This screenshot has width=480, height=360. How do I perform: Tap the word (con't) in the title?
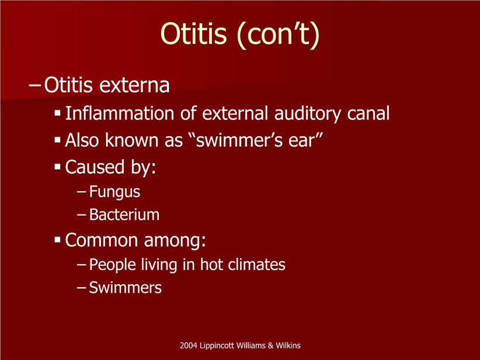point(279,34)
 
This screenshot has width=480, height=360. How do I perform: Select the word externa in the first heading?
point(134,85)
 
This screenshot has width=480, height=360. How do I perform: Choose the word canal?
point(368,113)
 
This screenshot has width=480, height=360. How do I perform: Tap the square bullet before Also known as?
point(58,140)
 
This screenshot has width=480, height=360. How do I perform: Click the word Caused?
point(95,167)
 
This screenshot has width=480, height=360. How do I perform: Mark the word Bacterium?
point(124,214)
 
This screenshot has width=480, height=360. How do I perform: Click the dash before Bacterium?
point(82,215)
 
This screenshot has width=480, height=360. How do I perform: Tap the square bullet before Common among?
point(58,240)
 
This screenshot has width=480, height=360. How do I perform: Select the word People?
point(112,265)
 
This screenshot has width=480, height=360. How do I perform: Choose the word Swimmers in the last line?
point(125,288)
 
